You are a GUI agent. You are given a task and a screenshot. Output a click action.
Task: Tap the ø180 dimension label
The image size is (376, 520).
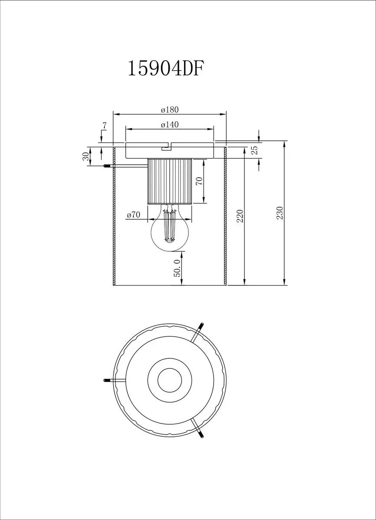tap(170, 110)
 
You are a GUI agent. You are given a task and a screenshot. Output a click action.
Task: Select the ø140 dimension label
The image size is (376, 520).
tap(170, 125)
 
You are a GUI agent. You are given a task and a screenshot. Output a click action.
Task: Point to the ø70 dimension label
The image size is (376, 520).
tap(133, 215)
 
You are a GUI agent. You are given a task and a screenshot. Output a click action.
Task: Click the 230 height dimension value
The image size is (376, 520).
tap(280, 213)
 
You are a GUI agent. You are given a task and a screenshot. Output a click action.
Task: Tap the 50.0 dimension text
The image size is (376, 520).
tap(177, 268)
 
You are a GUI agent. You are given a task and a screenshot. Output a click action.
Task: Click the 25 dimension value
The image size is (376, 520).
tap(255, 150)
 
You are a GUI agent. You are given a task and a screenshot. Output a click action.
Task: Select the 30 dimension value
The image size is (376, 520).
tap(86, 156)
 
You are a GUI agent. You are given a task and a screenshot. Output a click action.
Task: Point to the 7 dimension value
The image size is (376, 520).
tap(104, 126)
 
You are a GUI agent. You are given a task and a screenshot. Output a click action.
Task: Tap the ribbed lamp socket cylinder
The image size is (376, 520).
tap(170, 181)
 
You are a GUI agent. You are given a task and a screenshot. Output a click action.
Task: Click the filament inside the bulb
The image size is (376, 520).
tap(170, 226)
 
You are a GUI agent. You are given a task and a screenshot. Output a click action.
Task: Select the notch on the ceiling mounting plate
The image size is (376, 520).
tap(166, 147)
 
